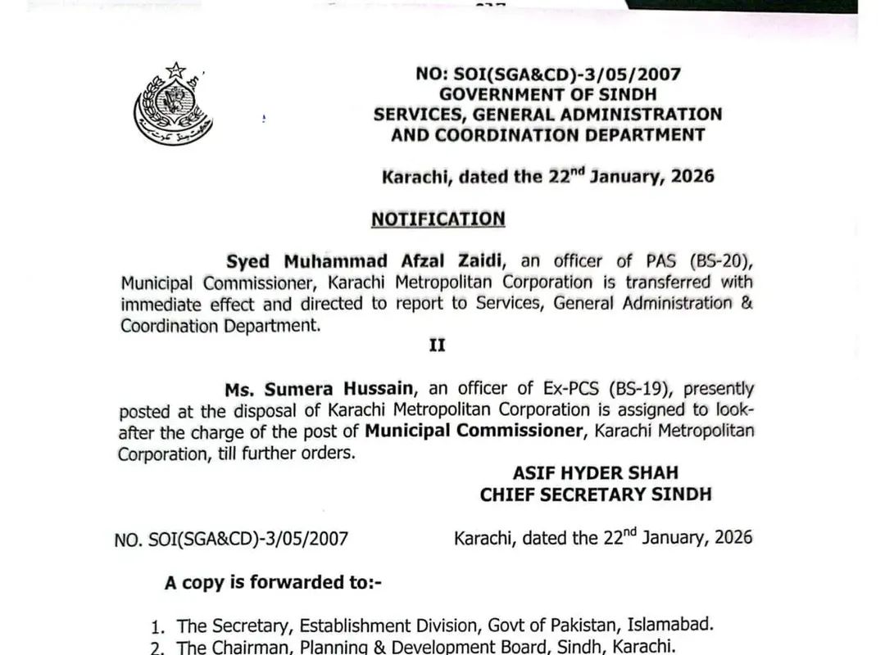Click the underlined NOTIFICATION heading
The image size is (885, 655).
(438, 219)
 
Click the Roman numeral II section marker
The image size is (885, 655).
(438, 346)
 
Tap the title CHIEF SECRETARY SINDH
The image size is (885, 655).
(596, 495)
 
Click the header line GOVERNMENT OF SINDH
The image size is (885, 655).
(548, 94)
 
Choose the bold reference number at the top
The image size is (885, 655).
(548, 74)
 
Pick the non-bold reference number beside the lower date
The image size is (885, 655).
(232, 539)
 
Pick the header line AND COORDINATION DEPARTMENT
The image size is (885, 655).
(548, 134)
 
